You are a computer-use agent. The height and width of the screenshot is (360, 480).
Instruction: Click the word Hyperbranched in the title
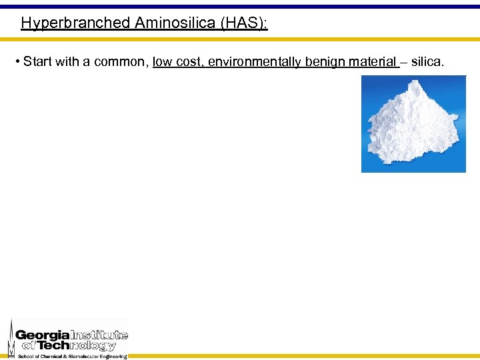click(x=75, y=23)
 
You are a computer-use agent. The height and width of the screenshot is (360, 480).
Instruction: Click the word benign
click(x=326, y=63)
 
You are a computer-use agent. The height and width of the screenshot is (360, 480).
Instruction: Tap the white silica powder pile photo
click(x=413, y=123)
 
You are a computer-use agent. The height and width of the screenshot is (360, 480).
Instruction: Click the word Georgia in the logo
click(x=42, y=335)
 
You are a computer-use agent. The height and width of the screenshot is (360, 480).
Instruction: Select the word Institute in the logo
click(x=99, y=335)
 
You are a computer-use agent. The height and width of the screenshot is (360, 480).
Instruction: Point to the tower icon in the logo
click(x=11, y=339)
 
